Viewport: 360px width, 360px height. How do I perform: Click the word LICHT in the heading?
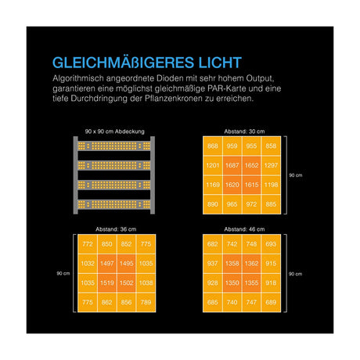pos(220,63)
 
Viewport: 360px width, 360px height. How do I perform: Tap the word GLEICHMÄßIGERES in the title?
pos(123,63)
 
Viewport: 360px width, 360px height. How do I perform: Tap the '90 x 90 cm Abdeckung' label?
pos(114,131)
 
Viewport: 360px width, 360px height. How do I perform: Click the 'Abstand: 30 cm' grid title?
pos(244,131)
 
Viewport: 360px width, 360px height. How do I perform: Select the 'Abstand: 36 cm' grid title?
pos(116,229)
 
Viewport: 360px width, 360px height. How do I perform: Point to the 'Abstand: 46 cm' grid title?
pos(244,229)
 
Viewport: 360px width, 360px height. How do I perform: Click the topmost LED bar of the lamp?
pos(114,146)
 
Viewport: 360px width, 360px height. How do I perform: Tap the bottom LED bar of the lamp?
pos(114,204)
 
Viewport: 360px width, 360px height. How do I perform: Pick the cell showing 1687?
pos(232,165)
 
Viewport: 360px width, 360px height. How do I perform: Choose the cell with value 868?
pos(213,146)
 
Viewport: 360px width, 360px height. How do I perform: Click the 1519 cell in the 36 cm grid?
pos(107,283)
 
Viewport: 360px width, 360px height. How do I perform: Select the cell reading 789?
pos(146,302)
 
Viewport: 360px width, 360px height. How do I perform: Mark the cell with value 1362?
pos(251,264)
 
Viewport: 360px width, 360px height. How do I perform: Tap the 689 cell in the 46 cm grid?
pos(271,302)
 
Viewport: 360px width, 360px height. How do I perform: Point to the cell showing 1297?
pos(271,165)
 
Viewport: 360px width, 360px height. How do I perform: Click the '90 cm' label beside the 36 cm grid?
pos(63,273)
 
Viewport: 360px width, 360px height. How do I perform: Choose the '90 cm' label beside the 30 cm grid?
pos(296,175)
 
